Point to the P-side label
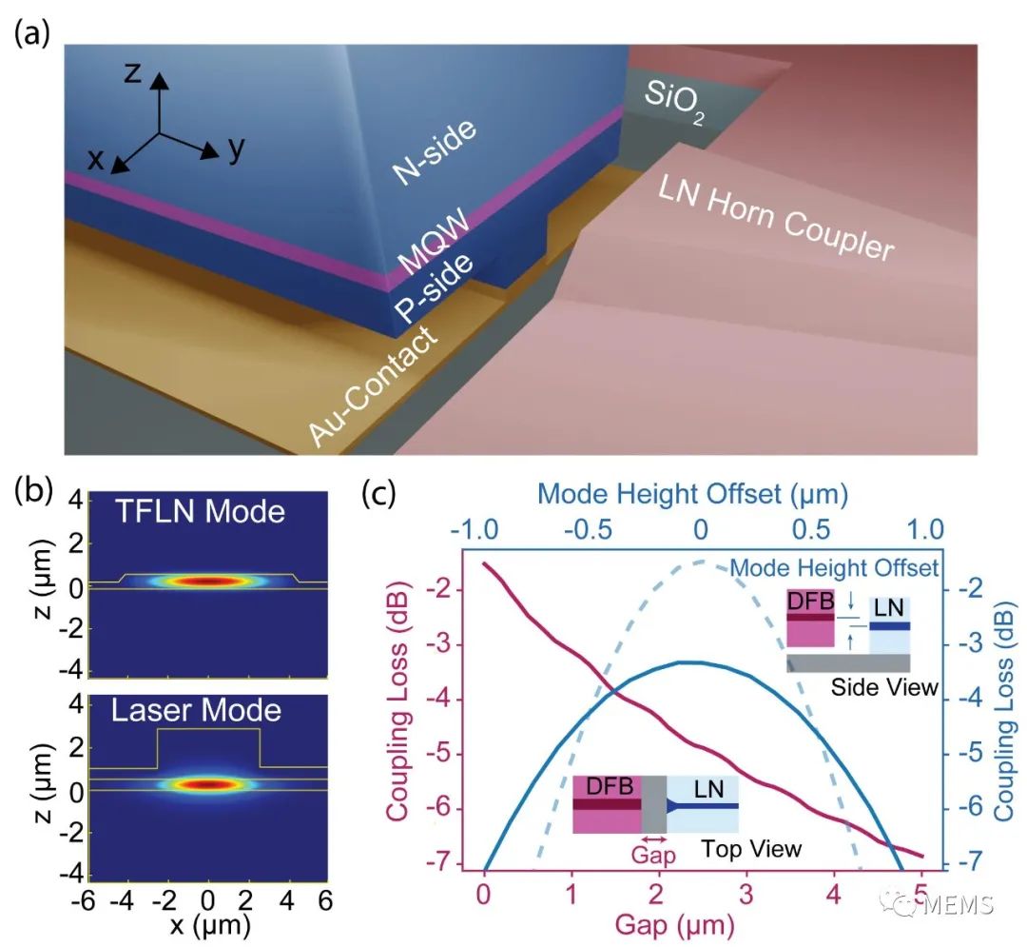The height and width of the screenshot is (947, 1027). [433, 293]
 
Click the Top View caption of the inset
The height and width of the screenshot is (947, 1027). [752, 847]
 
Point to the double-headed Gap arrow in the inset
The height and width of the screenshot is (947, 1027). [653, 838]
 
